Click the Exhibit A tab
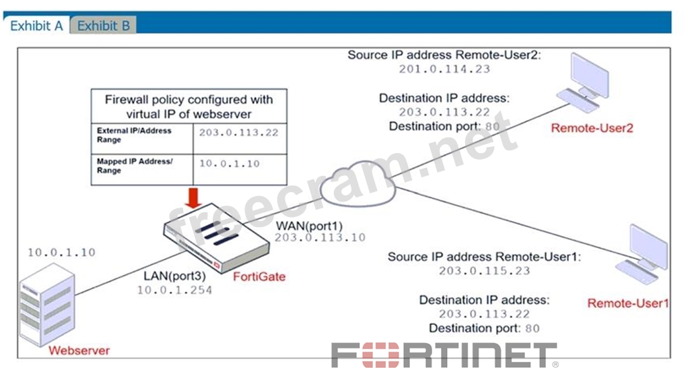[x=36, y=26]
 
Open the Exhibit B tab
[x=104, y=26]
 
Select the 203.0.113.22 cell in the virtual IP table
[x=238, y=133]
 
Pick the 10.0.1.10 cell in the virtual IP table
[x=229, y=164]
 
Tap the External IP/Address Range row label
[x=134, y=135]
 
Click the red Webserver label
[x=79, y=350]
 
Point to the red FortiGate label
[x=259, y=277]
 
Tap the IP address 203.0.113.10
[x=320, y=237]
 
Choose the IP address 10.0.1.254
[x=174, y=290]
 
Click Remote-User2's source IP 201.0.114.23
[x=444, y=69]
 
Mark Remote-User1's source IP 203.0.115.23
[x=484, y=271]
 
